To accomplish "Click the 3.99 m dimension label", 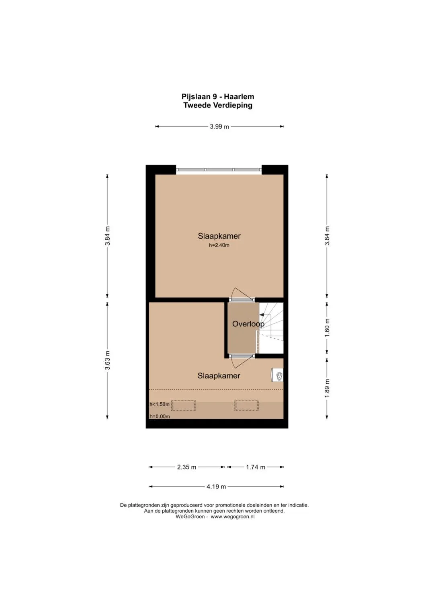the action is coord(219,126).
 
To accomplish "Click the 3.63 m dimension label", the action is coord(107,360).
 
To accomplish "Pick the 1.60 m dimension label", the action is coord(327,328).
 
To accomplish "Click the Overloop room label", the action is coord(248,324).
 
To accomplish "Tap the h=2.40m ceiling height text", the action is coord(219,245).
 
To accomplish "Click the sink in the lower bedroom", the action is coord(277,375).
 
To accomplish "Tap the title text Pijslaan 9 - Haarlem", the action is coord(218,97).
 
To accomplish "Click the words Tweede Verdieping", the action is coord(218,105).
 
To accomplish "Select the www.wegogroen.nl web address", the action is coord(233,517).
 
